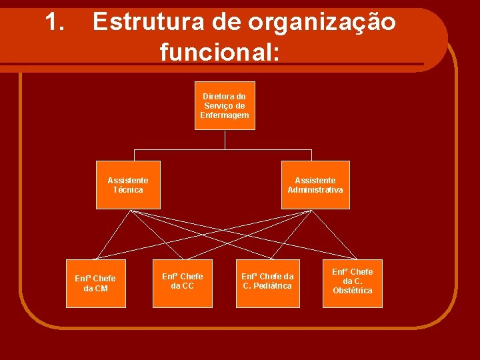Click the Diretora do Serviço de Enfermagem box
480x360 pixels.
pos(225,106)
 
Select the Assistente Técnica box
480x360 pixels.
pos(128,185)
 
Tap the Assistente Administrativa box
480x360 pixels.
pos(315,185)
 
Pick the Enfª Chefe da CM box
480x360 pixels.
pos(95,283)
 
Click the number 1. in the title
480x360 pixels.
pos(55,23)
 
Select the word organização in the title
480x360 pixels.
pos(322,23)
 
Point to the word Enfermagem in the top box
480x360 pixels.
pos(225,115)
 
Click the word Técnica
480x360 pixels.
pos(128,190)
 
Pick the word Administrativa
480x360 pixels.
pos(315,190)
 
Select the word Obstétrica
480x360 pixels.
pos(353,291)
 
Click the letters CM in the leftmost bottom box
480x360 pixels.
pos(101,289)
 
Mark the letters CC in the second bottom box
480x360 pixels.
pos(188,286)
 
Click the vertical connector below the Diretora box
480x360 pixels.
pos(225,139)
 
